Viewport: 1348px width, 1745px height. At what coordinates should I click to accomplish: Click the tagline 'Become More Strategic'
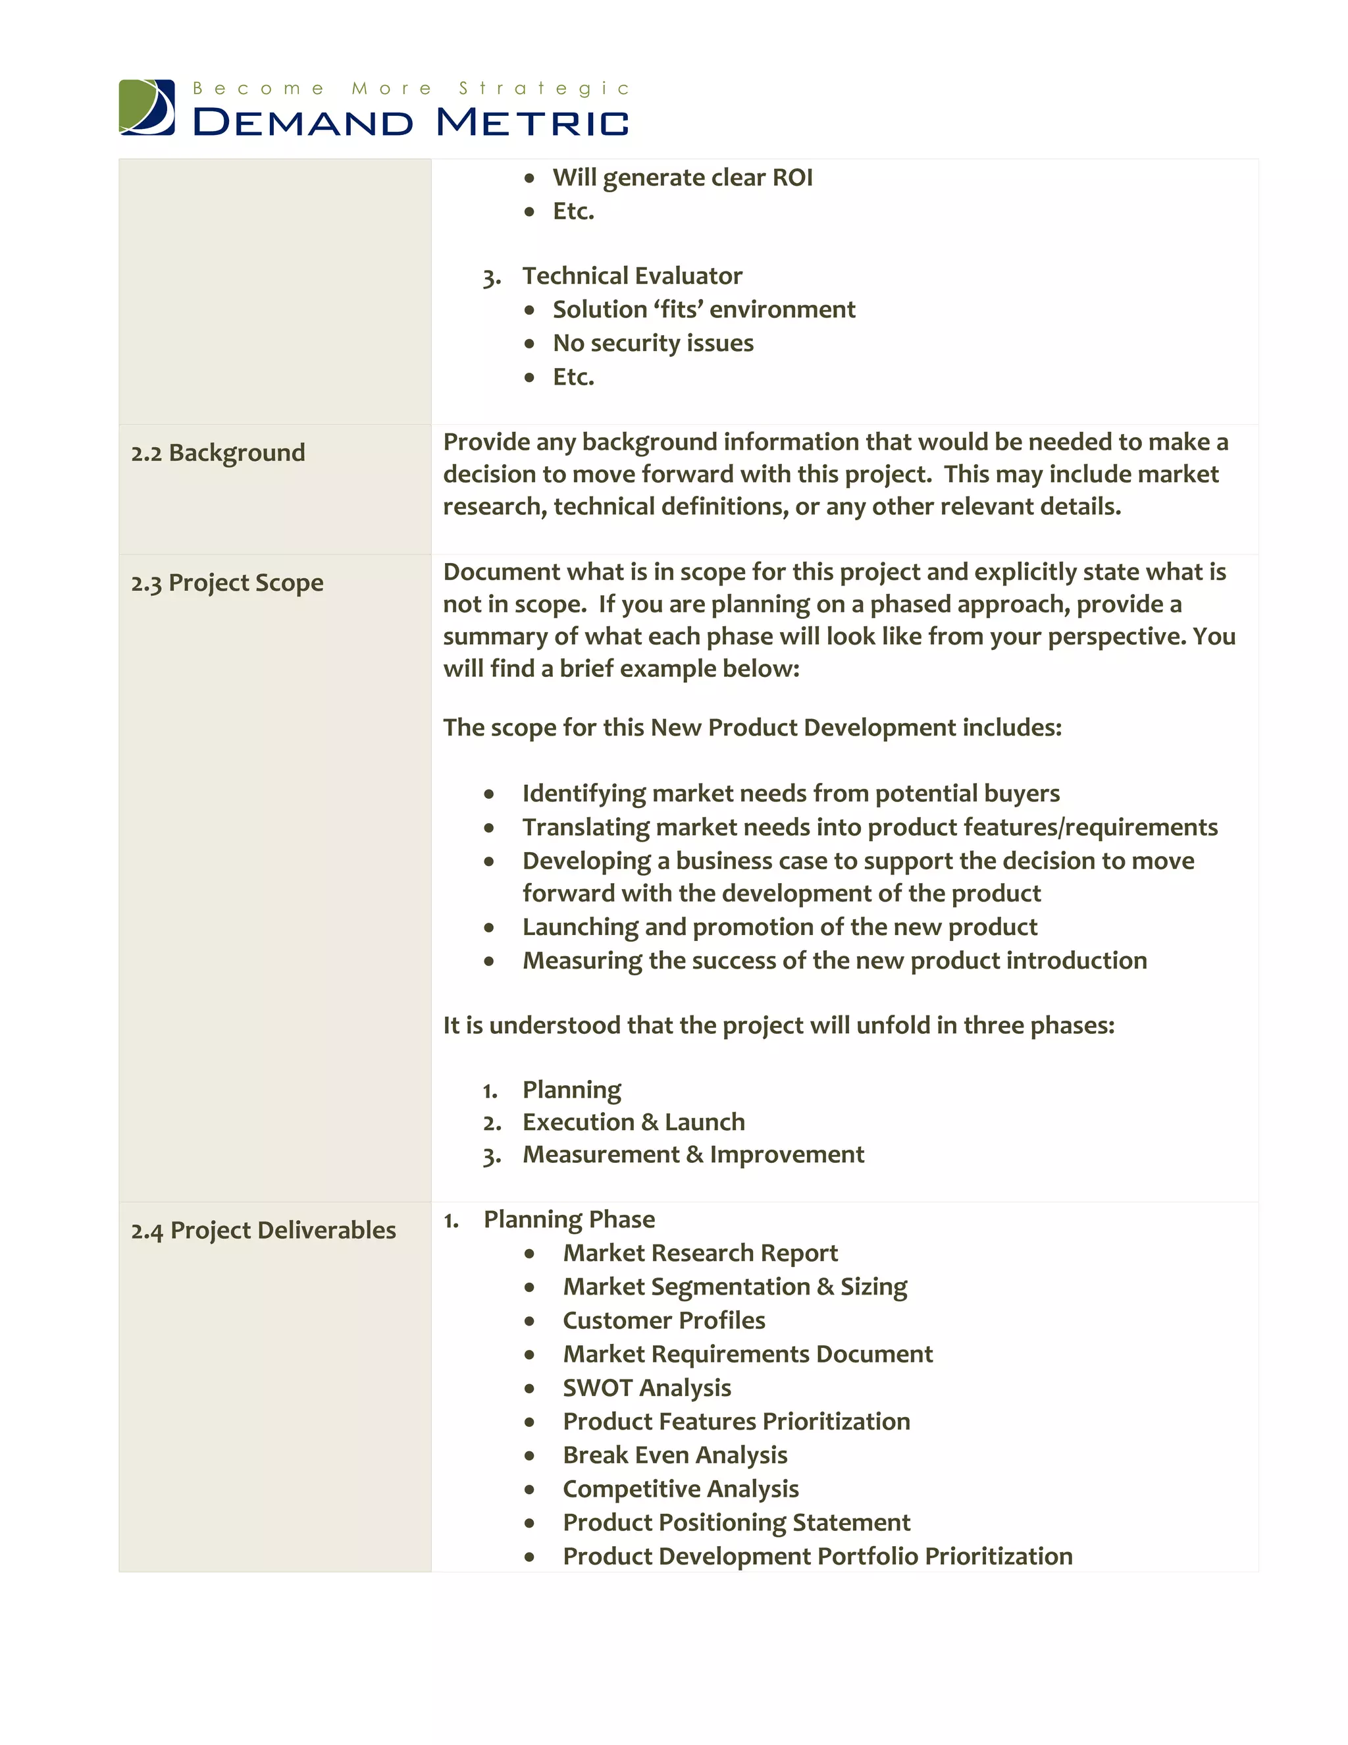[x=411, y=88]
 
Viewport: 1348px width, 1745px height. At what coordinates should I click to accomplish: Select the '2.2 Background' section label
[x=218, y=452]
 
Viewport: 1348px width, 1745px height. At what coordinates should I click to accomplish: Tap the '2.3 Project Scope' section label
[x=228, y=583]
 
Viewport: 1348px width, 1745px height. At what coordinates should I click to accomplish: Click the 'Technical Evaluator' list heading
[x=632, y=276]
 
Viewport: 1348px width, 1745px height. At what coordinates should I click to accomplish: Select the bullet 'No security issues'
[x=652, y=343]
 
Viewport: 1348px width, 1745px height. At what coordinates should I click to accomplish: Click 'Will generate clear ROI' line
[x=682, y=177]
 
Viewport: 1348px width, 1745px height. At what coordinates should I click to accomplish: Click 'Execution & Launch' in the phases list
[x=633, y=1122]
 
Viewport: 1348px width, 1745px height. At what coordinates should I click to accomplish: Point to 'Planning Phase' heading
[x=569, y=1220]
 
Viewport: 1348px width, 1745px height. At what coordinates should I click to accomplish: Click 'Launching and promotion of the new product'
[x=779, y=927]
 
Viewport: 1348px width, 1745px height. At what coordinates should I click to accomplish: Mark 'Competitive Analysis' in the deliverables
[x=681, y=1489]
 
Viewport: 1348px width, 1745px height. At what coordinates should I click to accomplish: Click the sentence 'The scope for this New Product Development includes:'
[x=752, y=728]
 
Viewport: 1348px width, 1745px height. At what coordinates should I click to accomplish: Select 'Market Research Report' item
[x=700, y=1253]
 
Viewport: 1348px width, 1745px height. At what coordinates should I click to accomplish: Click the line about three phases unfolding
[x=779, y=1025]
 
